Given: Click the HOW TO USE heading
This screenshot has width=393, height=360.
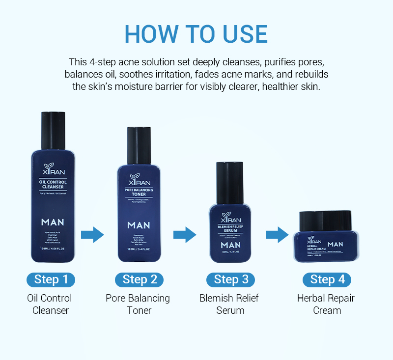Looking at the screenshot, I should pos(196,33).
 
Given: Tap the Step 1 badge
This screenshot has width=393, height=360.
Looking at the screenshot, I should pos(51,279).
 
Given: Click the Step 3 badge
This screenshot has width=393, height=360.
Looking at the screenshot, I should pos(231,279).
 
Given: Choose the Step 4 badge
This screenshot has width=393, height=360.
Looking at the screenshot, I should pos(327,279).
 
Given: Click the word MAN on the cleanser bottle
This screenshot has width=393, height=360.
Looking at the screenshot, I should pos(53,222).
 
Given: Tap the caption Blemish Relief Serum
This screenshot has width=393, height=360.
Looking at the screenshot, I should pos(229,304).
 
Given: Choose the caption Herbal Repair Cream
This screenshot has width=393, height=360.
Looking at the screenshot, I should pos(326,304).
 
